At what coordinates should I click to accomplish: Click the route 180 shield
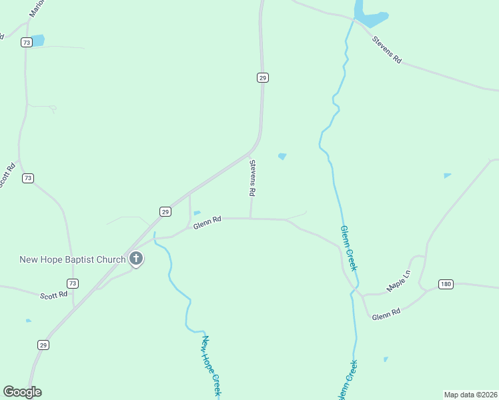coord(446,285)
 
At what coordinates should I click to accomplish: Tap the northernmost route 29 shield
coord(263,78)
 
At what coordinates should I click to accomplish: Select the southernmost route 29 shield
coord(43,345)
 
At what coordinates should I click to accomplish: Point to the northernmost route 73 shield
coord(26,42)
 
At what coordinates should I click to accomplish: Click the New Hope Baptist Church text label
coord(73,259)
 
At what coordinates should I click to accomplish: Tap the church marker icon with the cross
coord(136,258)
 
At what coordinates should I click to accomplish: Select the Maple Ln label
coord(400,285)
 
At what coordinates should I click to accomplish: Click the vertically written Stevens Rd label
coord(253,177)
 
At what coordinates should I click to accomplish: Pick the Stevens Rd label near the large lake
coord(388,49)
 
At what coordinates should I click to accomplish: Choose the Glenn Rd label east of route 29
coord(207,223)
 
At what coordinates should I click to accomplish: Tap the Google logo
coord(22,392)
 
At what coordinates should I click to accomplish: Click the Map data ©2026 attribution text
coord(470,394)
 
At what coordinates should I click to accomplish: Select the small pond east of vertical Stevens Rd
coord(282,157)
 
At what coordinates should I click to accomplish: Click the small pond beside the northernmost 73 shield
coord(37,40)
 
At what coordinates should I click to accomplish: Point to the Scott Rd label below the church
coord(53,295)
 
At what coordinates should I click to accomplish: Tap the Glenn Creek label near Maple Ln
coord(349,247)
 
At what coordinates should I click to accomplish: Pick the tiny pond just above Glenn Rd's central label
coord(197,213)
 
